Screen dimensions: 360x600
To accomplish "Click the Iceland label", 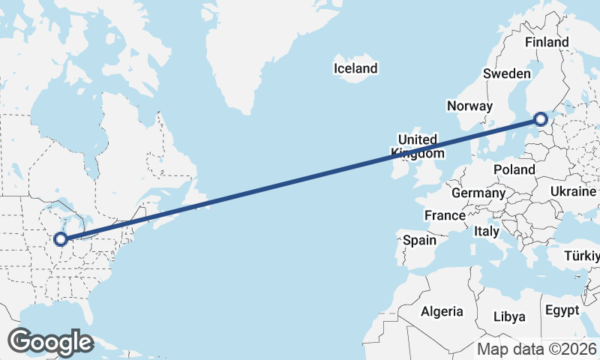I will click(355, 69).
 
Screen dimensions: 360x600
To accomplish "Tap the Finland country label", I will click(547, 43).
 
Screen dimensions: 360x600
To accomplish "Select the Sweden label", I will click(507, 73).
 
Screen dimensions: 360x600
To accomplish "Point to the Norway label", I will click(469, 106).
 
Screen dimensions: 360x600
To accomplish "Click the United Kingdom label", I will click(418, 146).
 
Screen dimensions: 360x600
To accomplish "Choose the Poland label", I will click(514, 170).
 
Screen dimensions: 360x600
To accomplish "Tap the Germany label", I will click(478, 193).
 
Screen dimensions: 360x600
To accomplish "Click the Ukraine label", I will click(573, 192).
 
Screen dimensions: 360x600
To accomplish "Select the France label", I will click(445, 215).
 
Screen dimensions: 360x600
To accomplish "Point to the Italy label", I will click(487, 232).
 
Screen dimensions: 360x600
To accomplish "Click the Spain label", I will click(419, 241).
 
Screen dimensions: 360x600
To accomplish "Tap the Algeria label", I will click(442, 311).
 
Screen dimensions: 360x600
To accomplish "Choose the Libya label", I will click(510, 316).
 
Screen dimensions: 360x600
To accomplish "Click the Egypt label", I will click(562, 310).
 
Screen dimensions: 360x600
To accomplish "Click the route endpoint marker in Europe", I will click(541, 119).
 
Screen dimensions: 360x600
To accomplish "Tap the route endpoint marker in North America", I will click(61, 240).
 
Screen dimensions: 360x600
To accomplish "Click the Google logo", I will click(50, 342).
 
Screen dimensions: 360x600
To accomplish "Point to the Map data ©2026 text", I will click(537, 349).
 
